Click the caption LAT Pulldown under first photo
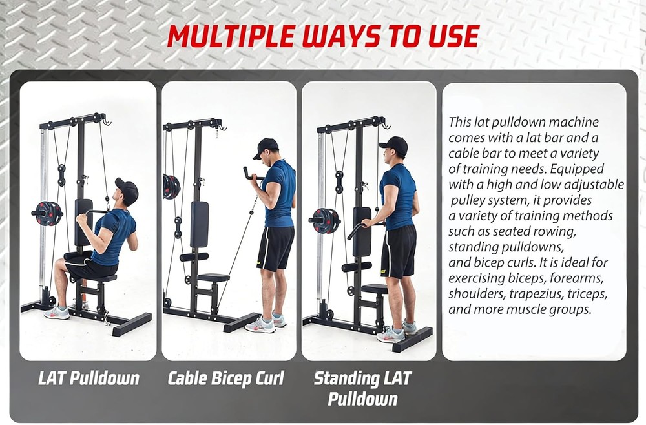(89, 378)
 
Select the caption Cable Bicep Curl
(225, 378)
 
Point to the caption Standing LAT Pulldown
(362, 388)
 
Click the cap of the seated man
(127, 189)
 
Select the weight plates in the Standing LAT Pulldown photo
(327, 220)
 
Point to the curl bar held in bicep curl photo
(248, 174)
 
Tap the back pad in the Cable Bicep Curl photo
(200, 223)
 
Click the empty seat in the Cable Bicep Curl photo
(213, 278)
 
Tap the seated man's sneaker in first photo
(57, 313)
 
